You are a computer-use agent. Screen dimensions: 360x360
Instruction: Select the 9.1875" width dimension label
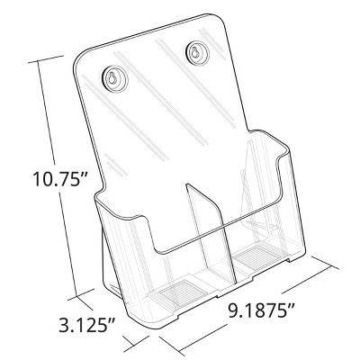261,310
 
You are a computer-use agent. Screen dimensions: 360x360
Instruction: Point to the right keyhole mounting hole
197,54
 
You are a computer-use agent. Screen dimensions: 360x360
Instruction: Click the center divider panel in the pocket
210,232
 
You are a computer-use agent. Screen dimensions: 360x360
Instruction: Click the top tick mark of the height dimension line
46,59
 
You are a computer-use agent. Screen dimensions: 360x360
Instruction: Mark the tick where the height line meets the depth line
81,294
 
